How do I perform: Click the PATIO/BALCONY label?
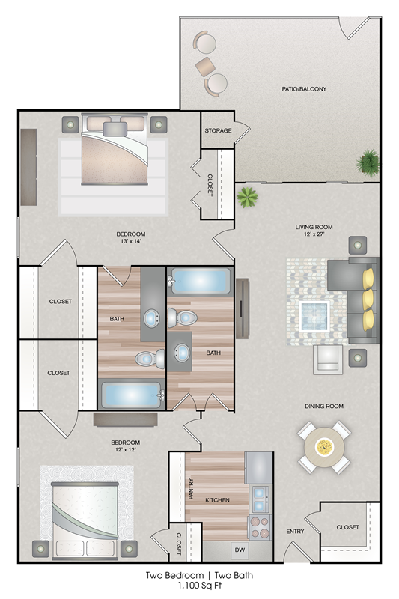[304, 89]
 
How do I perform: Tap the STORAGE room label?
[218, 130]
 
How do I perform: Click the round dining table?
[324, 446]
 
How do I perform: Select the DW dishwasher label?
[240, 550]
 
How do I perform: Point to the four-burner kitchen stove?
[259, 527]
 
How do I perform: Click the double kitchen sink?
[260, 499]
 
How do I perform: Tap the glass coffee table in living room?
[314, 316]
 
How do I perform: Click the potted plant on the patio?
[368, 161]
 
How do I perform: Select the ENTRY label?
[295, 531]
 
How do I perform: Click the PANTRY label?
[192, 489]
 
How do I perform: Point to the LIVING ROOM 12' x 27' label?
[314, 231]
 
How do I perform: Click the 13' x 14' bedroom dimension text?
[130, 241]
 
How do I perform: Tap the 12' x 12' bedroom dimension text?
[125, 450]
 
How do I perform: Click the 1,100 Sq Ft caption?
[199, 586]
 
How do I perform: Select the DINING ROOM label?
[324, 406]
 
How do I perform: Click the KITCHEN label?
[217, 500]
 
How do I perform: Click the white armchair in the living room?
[328, 359]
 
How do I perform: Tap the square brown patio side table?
[205, 67]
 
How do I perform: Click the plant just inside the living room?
[247, 198]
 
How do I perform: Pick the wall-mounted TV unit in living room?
[242, 308]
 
